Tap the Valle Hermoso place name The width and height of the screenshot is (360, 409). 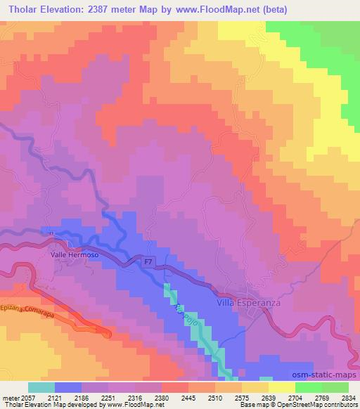tap(73, 256)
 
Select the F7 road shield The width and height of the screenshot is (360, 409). tap(148, 262)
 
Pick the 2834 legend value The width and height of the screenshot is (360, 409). tap(347, 396)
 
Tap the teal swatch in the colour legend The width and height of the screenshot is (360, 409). tap(41, 387)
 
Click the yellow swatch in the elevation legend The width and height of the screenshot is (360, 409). tap(282, 387)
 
